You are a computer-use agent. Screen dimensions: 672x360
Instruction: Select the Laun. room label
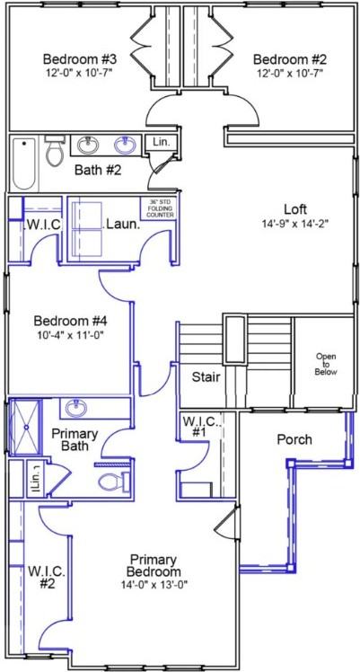coord(122,225)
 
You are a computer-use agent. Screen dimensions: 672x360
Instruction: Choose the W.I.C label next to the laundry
coord(41,225)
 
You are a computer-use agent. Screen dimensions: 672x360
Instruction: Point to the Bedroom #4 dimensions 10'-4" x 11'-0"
coord(69,335)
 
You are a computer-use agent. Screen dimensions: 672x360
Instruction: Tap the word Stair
coord(206,377)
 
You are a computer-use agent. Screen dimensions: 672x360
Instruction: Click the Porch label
coord(294,439)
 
